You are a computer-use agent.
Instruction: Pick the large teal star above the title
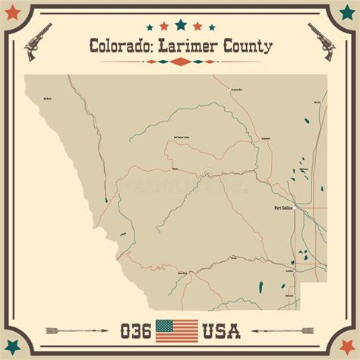[x=181, y=25]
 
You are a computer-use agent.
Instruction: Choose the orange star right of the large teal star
[x=197, y=27]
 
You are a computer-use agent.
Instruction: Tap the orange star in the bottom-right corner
[x=347, y=347]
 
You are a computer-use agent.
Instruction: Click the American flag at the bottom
[x=176, y=330]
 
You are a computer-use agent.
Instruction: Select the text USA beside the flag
[x=221, y=331]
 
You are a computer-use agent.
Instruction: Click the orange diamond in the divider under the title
[x=180, y=62]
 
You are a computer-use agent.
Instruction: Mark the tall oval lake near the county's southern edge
[x=261, y=287]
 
